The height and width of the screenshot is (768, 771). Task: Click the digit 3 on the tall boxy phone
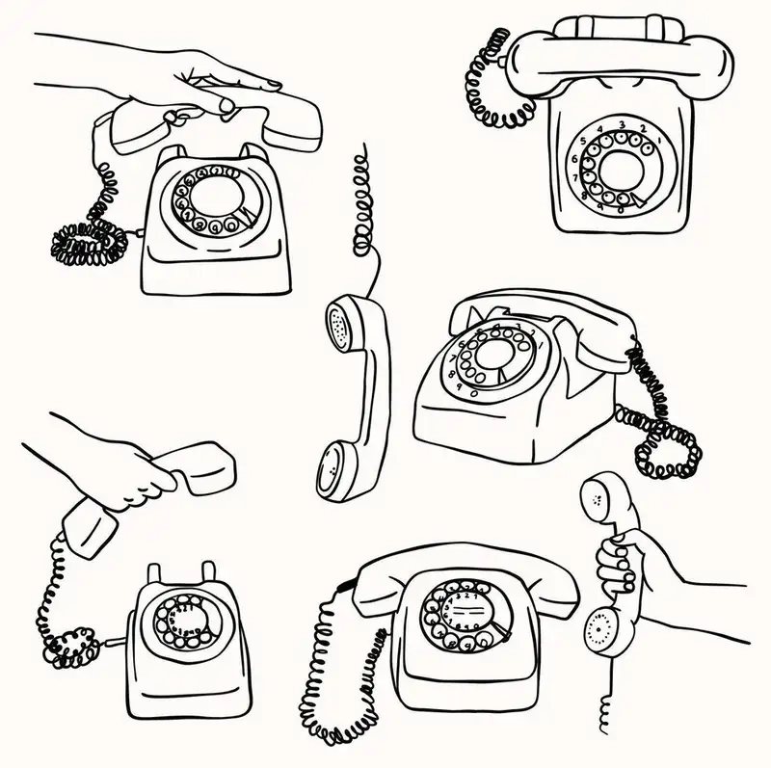point(622,125)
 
